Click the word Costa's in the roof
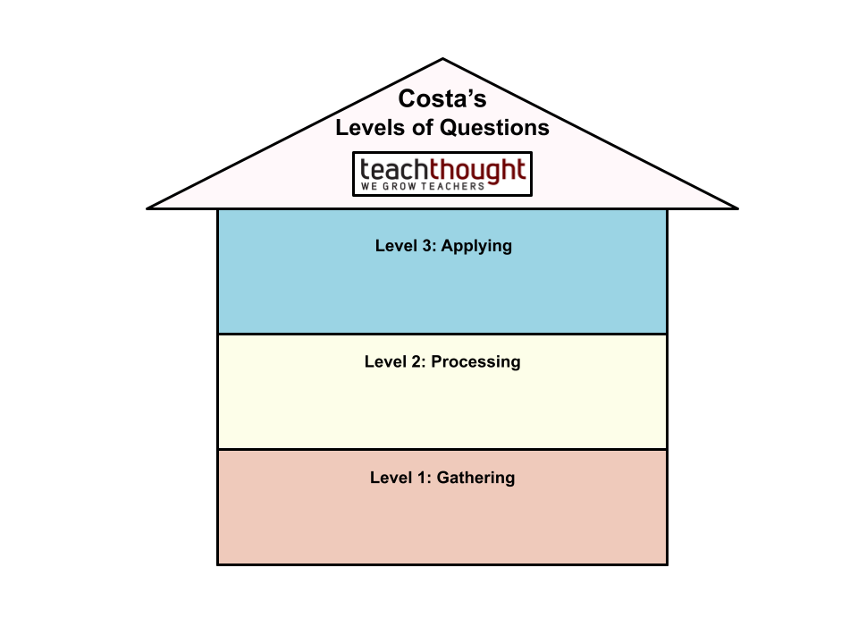pos(442,98)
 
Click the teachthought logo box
pos(442,174)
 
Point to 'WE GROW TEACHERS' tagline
pos(422,187)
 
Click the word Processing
pos(475,362)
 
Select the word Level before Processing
pos(385,361)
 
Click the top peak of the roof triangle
pos(442,63)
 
